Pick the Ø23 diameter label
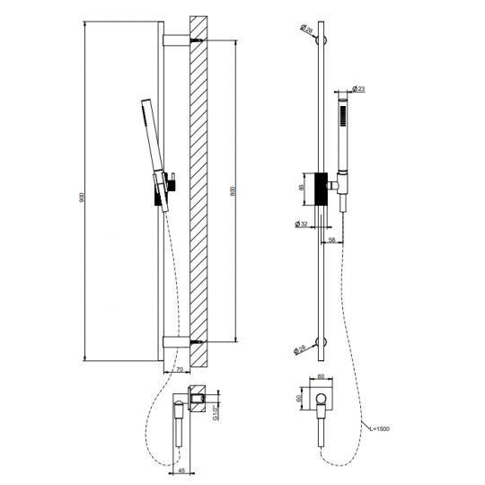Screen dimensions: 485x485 pos(357,88)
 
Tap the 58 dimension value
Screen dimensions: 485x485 pos(331,239)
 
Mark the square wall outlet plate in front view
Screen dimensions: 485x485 pos(322,400)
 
